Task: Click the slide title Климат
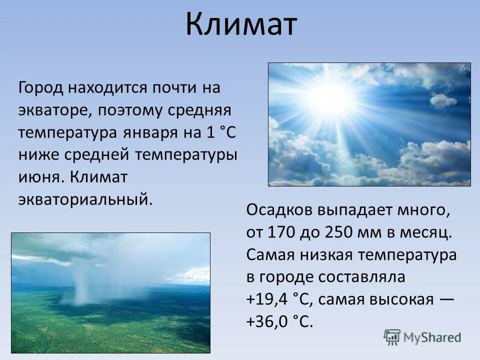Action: [241, 25]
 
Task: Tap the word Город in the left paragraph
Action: [41, 88]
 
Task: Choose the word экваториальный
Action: [84, 199]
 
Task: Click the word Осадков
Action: [278, 210]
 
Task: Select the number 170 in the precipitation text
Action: [281, 232]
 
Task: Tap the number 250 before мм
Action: [339, 232]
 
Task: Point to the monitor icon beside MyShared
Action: [392, 337]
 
